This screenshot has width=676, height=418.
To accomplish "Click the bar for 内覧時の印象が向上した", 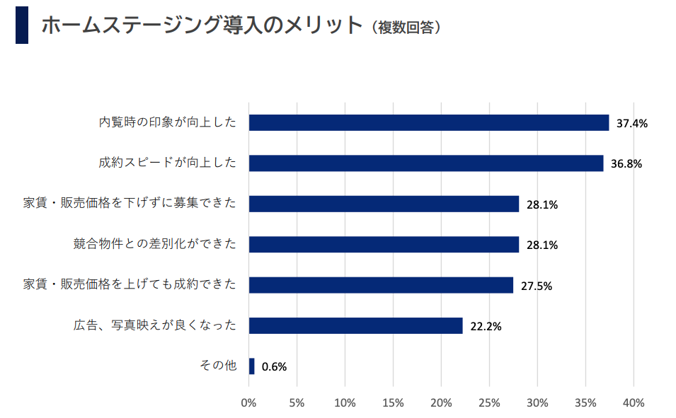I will (428, 122).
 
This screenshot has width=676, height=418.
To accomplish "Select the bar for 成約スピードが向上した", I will (425, 163).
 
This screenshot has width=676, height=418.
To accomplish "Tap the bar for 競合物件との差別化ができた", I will (384, 245).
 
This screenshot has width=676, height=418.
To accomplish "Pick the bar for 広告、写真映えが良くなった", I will (355, 325).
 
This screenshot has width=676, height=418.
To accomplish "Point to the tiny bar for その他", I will (251, 366).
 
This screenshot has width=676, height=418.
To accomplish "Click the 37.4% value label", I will (632, 123).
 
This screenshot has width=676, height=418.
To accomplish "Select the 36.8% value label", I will (626, 164).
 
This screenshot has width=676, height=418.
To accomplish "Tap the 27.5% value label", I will (537, 286).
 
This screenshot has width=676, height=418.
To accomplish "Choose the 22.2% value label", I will (486, 327).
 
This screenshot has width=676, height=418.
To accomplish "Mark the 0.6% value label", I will (274, 367).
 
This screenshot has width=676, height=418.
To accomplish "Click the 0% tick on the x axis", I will (248, 403).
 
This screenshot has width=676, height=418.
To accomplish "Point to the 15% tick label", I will (393, 403).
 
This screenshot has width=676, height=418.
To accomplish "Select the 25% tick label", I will (489, 403).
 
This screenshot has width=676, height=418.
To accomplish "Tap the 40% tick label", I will (634, 403).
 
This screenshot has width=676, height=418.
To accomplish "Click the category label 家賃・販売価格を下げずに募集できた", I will (129, 204).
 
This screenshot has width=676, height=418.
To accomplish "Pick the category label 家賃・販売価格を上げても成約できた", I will (129, 285).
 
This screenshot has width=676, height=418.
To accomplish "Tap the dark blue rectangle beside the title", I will (22, 25).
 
